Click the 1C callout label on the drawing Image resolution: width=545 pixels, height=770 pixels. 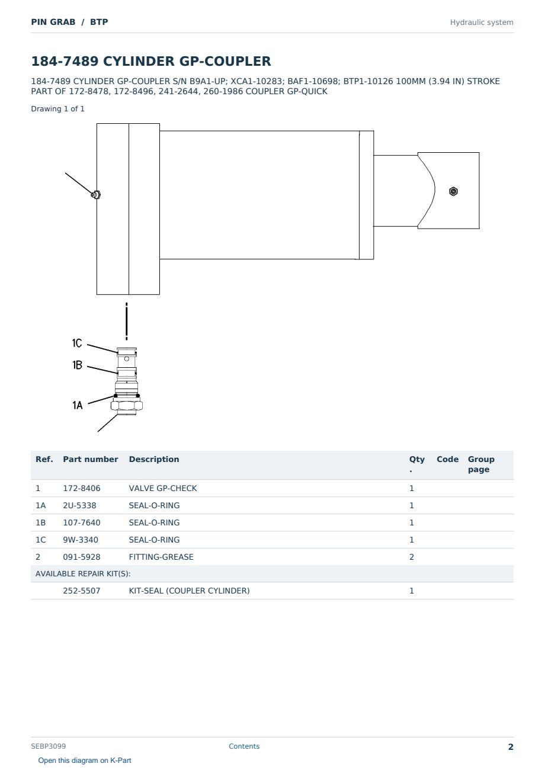coord(77,343)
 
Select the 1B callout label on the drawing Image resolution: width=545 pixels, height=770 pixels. coord(78,365)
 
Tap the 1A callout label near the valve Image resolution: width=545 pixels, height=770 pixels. coord(78,405)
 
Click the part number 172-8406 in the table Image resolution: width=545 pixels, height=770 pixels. coord(82,488)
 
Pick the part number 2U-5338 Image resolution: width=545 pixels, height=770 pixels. coord(79,505)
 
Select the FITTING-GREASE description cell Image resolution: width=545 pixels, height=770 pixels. coord(161,557)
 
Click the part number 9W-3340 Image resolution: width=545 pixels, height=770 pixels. coord(81,540)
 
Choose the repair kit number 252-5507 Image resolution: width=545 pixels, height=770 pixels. coord(82,591)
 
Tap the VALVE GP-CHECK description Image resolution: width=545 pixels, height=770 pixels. coord(163,488)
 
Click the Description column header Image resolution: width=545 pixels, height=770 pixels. coord(153,459)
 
